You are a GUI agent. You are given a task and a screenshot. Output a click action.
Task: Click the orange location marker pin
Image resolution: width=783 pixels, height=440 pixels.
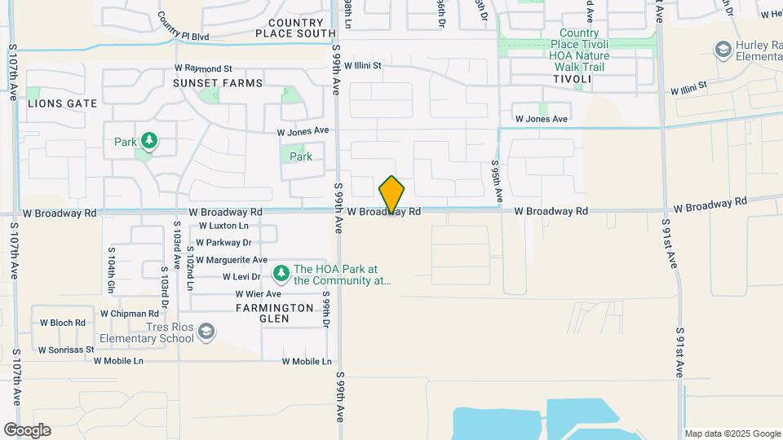[x=392, y=195]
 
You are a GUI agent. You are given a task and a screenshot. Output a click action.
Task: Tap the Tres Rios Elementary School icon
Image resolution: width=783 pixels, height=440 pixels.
[x=207, y=331]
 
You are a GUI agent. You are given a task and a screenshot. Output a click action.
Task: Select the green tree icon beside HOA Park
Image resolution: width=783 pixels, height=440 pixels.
[x=281, y=271]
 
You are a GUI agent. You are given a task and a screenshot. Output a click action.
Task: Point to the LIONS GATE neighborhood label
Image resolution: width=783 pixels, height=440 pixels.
[x=62, y=103]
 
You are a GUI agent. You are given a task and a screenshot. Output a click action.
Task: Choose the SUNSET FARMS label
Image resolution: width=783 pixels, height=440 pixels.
[x=218, y=83]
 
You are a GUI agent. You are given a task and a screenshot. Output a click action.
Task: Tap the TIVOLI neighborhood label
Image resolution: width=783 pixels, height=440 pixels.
[x=572, y=79]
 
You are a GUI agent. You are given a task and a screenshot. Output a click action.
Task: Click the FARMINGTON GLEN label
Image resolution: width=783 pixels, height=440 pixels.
[x=275, y=314]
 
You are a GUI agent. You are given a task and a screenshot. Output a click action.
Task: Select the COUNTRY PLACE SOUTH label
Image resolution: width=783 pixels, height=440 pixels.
[x=295, y=28]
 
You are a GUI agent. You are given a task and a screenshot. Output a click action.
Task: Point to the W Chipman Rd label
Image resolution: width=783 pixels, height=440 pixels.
[x=130, y=313]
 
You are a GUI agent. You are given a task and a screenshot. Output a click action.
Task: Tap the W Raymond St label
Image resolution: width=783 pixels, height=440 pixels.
[x=204, y=69]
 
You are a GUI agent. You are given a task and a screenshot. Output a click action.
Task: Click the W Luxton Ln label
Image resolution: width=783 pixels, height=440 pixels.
[x=218, y=226]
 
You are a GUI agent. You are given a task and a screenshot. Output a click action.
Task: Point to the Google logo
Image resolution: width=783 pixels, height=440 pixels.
[x=27, y=430]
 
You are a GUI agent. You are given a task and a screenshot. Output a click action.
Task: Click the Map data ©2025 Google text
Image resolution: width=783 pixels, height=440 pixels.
[x=732, y=433]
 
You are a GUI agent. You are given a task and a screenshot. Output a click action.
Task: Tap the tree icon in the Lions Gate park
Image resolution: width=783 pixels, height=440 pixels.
[x=148, y=142]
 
